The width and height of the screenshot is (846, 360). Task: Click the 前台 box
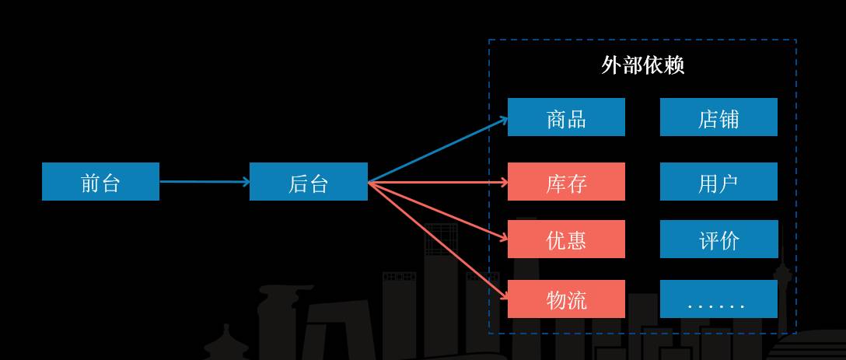coord(100,182)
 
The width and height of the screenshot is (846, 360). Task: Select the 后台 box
coord(308,182)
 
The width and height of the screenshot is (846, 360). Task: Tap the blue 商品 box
coord(566,117)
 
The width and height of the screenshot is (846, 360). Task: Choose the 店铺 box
coord(718,117)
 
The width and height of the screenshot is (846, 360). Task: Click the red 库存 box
coord(566,182)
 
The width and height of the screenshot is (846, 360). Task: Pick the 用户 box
coord(718,182)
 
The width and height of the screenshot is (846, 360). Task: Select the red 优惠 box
coord(566,239)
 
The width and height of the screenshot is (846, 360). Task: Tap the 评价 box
coord(718,239)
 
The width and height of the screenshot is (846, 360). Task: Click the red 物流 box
coord(566,299)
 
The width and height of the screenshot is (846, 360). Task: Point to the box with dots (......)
coord(718,299)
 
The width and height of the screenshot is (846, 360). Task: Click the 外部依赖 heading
coord(642,65)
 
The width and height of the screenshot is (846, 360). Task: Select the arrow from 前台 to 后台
coord(204,182)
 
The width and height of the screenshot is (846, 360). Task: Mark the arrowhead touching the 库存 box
coord(504,183)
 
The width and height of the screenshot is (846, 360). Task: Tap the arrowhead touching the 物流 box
coord(504,296)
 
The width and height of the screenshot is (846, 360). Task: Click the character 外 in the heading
coord(611,65)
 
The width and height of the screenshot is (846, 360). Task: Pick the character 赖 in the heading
coord(674,65)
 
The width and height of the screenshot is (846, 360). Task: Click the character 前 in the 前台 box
coord(90,183)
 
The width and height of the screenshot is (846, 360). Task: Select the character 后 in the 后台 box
coord(298,183)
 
